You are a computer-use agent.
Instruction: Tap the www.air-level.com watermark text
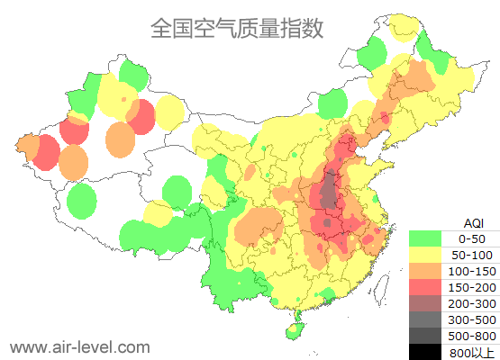(x=80, y=346)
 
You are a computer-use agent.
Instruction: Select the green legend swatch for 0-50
(x=424, y=239)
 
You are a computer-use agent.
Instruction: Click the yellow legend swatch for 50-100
(x=424, y=256)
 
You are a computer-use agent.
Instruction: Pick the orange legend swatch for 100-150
(x=424, y=271)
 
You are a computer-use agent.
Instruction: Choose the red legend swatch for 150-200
(x=424, y=287)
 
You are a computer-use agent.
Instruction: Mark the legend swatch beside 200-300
(x=424, y=303)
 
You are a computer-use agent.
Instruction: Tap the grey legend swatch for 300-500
(x=424, y=319)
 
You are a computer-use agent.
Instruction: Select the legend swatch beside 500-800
(x=424, y=335)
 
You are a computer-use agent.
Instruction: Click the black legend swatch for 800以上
(x=424, y=351)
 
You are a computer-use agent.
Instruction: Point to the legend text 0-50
(x=472, y=239)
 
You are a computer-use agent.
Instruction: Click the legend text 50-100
(x=472, y=256)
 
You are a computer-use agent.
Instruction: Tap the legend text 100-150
(x=472, y=271)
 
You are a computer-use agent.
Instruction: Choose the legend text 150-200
(x=472, y=287)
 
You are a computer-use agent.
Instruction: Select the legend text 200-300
(x=472, y=303)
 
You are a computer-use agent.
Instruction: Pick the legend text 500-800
(x=472, y=335)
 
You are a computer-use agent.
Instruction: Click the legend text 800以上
(x=472, y=351)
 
